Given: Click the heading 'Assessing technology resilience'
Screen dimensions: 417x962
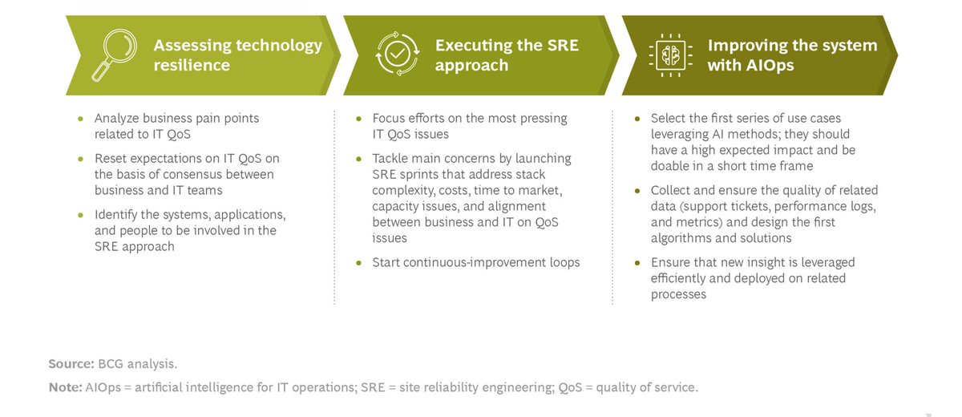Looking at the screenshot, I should (x=237, y=55).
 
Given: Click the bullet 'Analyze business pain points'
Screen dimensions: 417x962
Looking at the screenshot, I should (x=176, y=126).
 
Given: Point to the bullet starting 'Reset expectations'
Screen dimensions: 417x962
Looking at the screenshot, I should (x=186, y=174).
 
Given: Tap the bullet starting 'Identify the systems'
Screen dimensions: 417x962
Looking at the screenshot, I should (x=189, y=230).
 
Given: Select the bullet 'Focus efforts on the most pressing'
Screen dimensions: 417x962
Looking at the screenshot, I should (x=469, y=126).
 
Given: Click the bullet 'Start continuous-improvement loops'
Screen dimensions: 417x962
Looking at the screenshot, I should (x=476, y=262).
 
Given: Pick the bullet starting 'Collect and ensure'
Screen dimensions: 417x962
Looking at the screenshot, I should (x=763, y=214).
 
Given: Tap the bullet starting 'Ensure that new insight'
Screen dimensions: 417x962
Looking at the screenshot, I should (x=752, y=278).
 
